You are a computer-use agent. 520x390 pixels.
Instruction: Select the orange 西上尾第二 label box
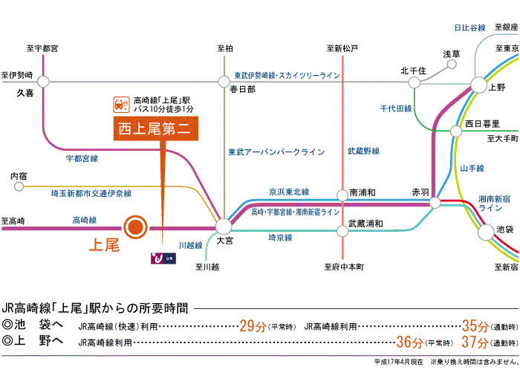click(x=155, y=128)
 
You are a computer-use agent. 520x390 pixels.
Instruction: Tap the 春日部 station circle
click(x=224, y=81)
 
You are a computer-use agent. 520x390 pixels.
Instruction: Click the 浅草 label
click(x=451, y=54)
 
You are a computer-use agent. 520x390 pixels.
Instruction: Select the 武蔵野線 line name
click(x=363, y=152)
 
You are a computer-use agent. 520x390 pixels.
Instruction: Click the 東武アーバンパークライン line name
click(x=276, y=152)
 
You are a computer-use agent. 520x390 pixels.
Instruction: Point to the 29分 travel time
click(x=251, y=325)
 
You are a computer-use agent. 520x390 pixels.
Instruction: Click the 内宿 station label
click(x=19, y=176)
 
